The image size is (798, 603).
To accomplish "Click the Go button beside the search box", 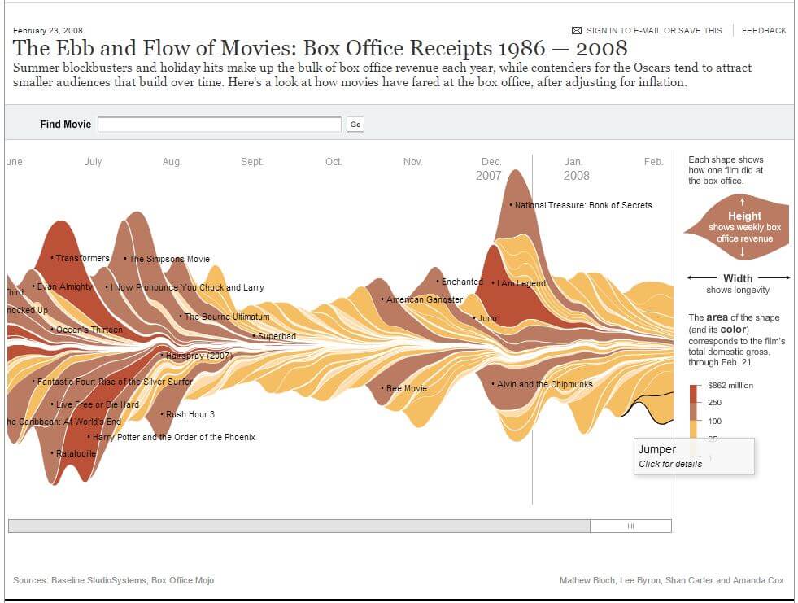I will [x=355, y=125].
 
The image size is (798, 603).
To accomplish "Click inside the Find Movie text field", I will [x=220, y=125].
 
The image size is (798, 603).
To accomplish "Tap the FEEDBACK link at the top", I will [x=764, y=30].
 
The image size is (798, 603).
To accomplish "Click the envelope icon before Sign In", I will [x=577, y=30].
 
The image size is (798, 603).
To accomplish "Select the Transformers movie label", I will [x=82, y=258].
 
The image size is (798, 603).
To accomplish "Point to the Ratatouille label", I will [x=76, y=453].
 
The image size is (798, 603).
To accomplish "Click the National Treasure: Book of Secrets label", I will [x=583, y=205].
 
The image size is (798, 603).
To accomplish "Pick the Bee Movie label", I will [x=406, y=388].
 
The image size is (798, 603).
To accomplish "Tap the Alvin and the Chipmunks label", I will [x=544, y=384].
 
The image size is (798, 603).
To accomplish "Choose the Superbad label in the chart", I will [x=277, y=336].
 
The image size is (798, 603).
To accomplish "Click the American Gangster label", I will [x=424, y=299].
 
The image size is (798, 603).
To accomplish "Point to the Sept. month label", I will [x=252, y=162].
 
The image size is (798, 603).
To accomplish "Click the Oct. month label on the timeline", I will [x=334, y=162].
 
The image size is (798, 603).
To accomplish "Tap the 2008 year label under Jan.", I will [x=576, y=176].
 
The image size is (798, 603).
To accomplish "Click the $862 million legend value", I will [x=730, y=386].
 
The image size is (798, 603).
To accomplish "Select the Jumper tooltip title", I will [x=657, y=449].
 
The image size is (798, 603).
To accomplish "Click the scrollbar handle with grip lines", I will [x=630, y=527].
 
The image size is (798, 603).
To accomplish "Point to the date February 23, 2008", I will [x=47, y=30].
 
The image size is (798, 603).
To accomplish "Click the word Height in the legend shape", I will [x=744, y=216].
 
